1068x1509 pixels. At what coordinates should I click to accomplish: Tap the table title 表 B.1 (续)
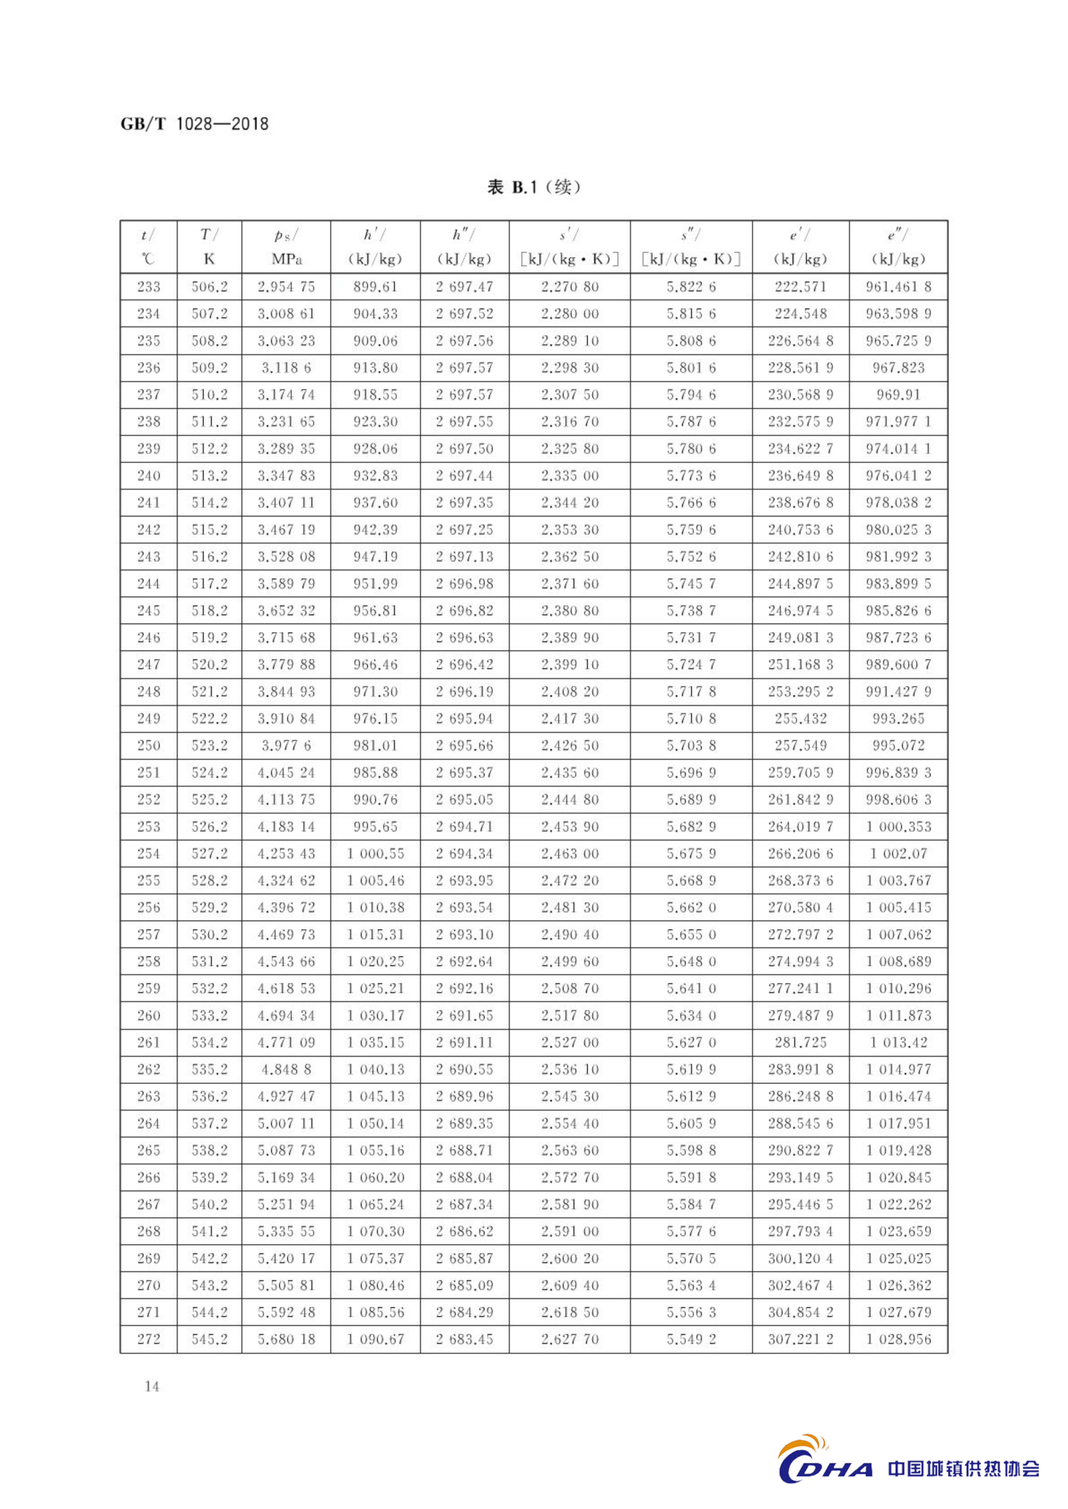(533, 187)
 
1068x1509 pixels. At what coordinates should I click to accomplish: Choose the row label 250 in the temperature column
(149, 745)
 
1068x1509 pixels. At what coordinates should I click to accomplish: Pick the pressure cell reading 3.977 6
(286, 745)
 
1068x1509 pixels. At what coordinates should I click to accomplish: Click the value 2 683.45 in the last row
(464, 1339)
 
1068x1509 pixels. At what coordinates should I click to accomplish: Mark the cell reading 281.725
(800, 1042)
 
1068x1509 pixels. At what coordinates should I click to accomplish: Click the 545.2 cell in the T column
(209, 1339)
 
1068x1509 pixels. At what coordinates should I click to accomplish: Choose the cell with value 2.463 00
(570, 853)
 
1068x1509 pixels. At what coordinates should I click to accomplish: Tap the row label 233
(149, 287)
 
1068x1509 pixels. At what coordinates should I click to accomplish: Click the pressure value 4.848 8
(286, 1069)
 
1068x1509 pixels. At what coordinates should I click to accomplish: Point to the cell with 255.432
(800, 718)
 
